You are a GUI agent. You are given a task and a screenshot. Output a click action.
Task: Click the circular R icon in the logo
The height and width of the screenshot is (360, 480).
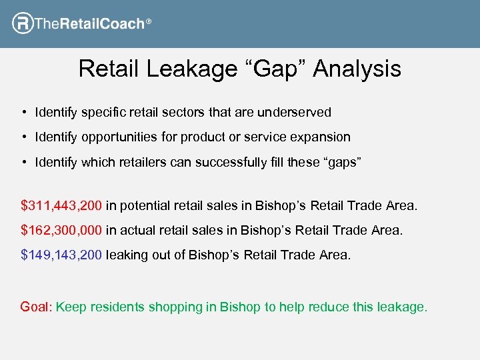(23, 24)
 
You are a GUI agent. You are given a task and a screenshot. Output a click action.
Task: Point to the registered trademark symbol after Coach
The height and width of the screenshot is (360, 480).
(149, 23)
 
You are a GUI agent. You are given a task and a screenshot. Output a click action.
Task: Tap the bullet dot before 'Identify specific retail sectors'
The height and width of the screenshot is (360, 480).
(23, 112)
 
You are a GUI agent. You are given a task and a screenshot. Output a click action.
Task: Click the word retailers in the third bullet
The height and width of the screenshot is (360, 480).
(137, 163)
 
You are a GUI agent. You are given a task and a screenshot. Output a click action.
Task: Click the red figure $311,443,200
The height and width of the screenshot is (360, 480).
(62, 206)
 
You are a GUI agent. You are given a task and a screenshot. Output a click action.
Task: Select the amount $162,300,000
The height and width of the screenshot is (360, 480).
(62, 231)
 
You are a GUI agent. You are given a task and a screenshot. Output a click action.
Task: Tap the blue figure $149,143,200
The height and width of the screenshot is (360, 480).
(62, 255)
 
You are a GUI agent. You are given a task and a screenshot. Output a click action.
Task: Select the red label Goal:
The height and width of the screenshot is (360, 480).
(36, 307)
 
